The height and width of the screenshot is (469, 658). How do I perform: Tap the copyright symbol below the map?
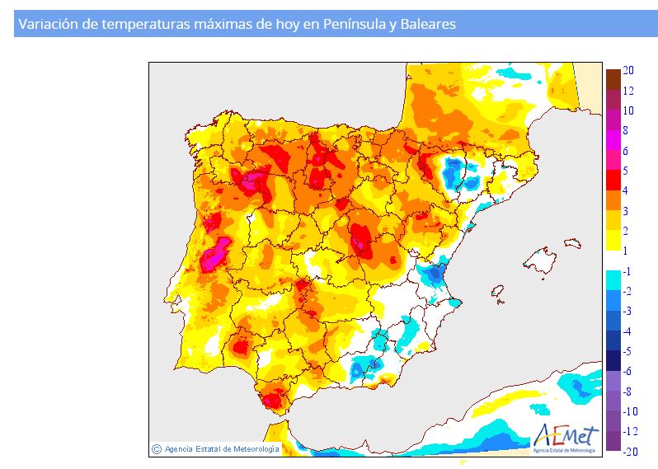tap(157, 449)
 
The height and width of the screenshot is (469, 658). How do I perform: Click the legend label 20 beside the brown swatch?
tap(627, 71)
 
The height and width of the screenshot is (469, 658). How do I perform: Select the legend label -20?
tap(628, 451)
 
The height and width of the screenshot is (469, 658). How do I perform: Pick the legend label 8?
tap(626, 130)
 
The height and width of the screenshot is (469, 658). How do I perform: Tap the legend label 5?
tap(626, 171)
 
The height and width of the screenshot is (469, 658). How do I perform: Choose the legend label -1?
tap(627, 271)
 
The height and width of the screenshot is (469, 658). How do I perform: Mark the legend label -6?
tap(627, 371)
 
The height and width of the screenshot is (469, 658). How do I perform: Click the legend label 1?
tap(626, 251)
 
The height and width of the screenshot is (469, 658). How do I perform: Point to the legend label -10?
tap(630, 411)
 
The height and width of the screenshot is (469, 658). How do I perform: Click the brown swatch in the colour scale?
tap(613, 79)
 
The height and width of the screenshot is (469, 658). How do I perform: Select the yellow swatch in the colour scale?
tap(613, 240)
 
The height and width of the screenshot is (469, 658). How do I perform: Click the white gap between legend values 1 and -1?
tap(613, 260)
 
